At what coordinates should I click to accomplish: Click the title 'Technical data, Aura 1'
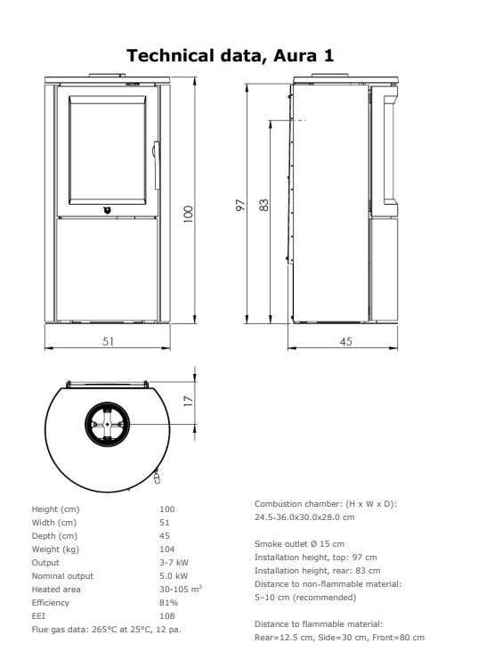230,56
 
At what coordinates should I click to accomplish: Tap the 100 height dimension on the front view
188,214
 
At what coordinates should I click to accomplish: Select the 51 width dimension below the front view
108,341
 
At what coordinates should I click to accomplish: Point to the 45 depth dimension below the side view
345,341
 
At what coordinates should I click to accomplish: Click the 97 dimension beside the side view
240,205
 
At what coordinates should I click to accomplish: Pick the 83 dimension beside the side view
263,205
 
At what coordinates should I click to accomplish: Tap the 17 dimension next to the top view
189,401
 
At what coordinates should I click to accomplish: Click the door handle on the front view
156,165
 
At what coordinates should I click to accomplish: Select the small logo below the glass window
108,210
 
